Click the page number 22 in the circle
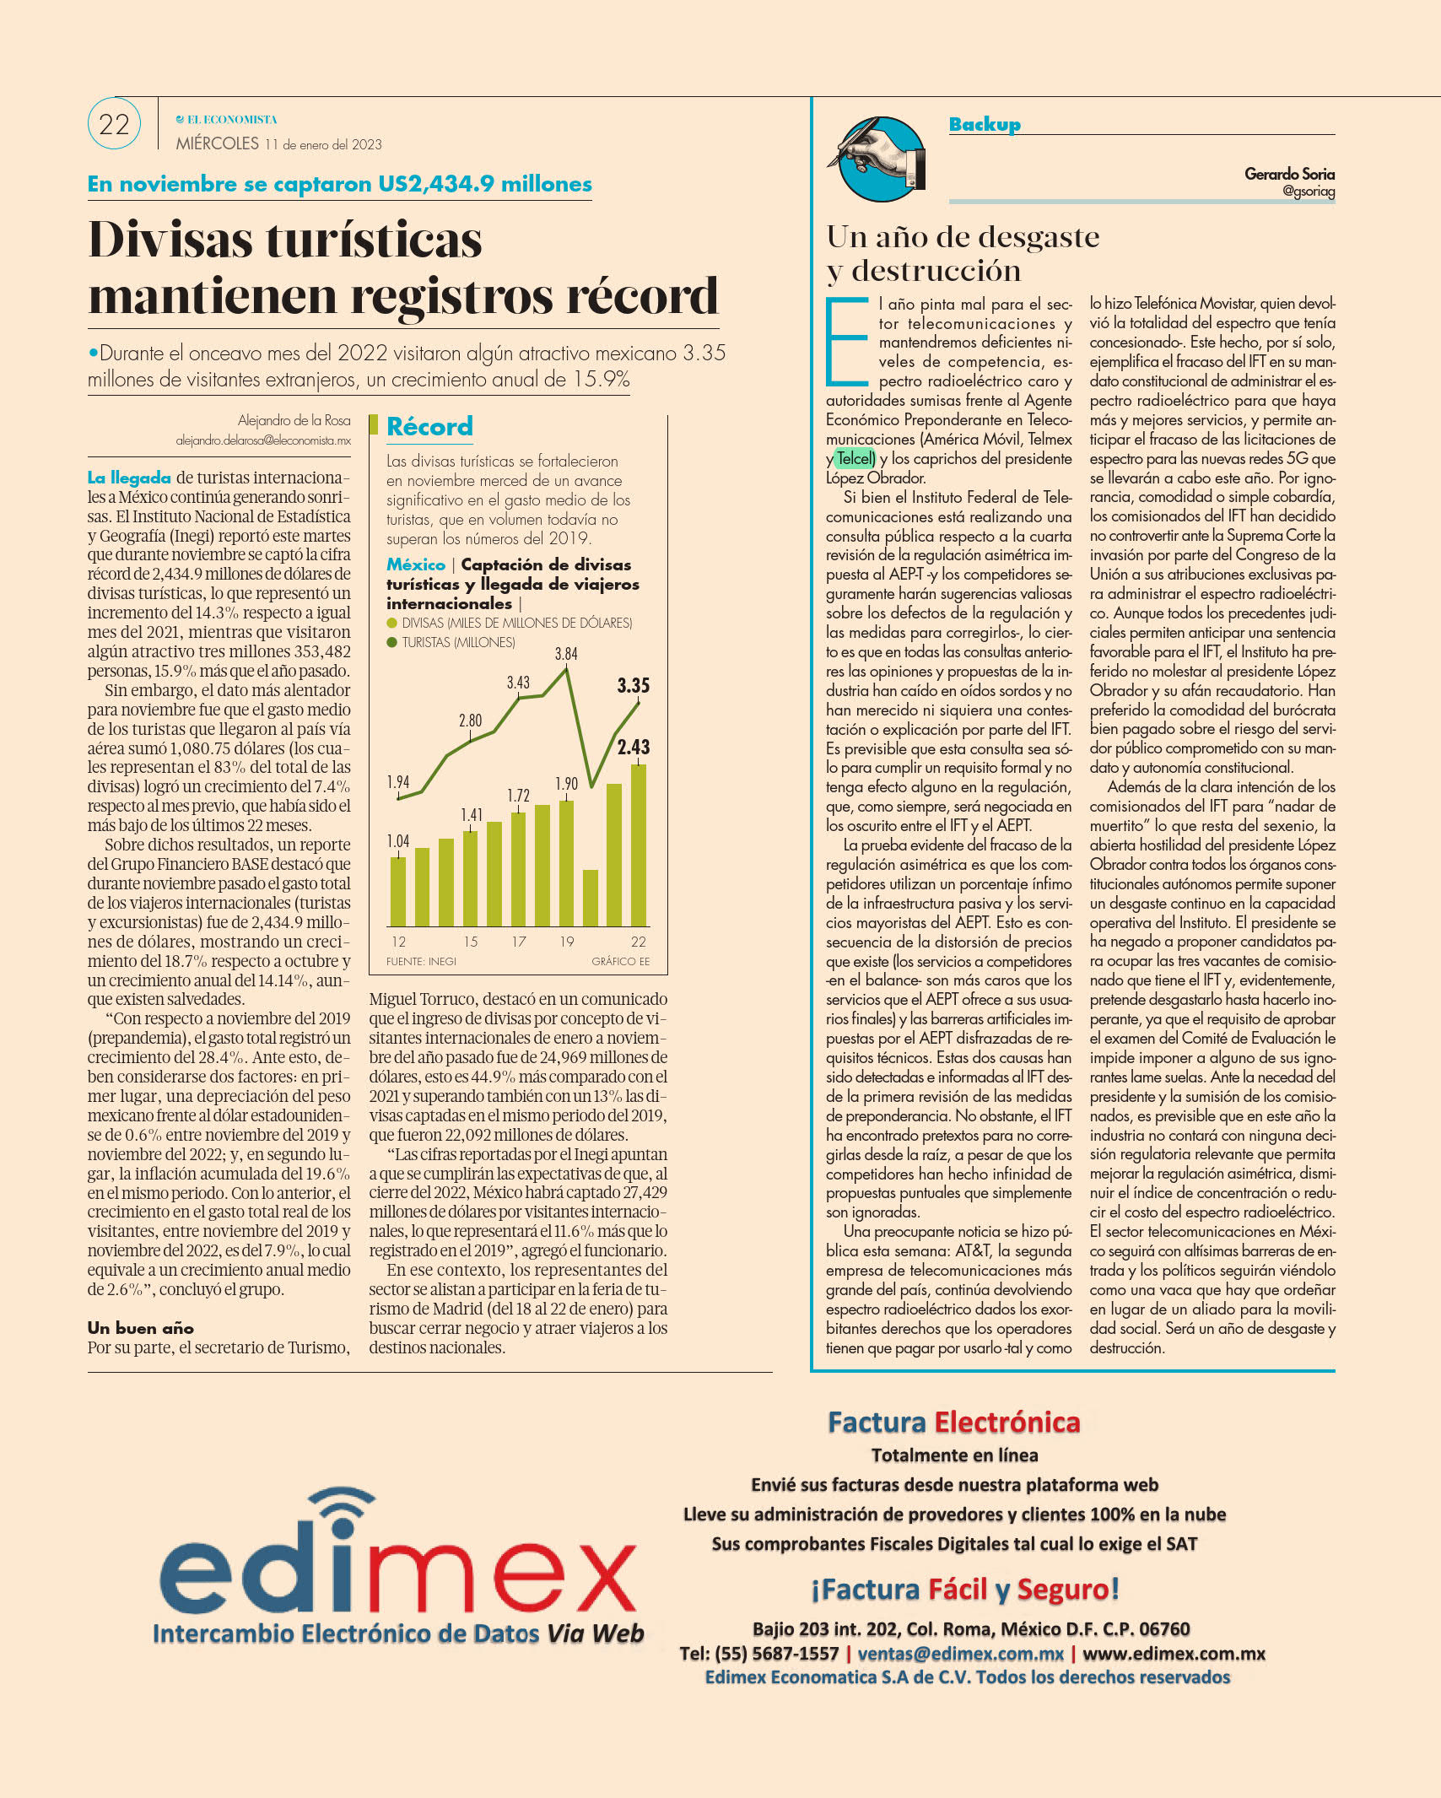point(114,125)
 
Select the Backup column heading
point(985,124)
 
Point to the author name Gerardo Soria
point(1289,174)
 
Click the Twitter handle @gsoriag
point(1309,192)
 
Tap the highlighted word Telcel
point(855,458)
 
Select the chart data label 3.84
point(566,654)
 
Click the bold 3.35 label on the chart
point(634,685)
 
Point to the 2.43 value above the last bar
point(634,747)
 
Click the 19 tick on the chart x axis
point(566,942)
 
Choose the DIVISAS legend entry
point(510,623)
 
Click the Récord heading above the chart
point(429,427)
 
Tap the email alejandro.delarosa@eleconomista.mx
point(263,440)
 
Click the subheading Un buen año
point(141,1328)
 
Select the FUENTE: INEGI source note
point(421,961)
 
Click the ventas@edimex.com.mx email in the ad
point(960,1654)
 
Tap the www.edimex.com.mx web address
point(1174,1654)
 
